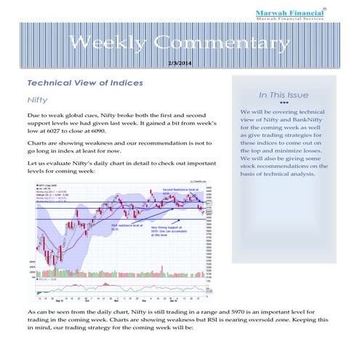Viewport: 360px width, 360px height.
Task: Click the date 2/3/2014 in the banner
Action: [x=180, y=64]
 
